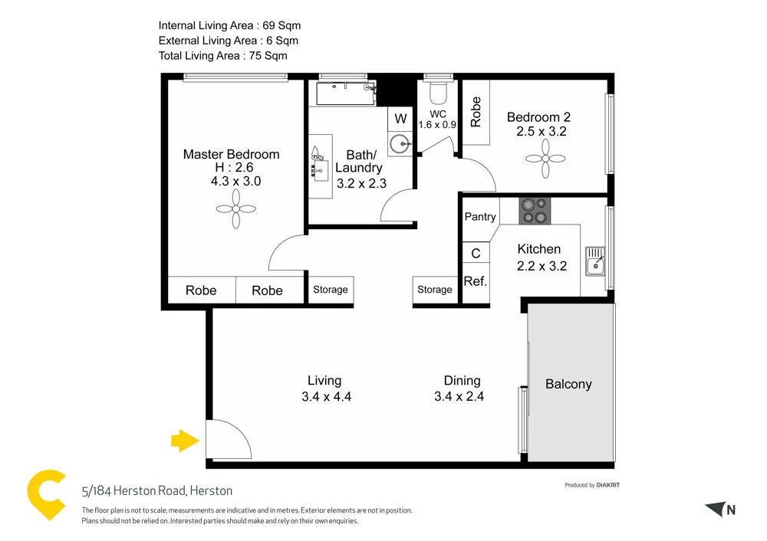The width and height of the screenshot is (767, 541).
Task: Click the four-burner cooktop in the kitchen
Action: pos(535,211)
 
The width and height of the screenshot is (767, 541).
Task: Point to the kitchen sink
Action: pos(594,261)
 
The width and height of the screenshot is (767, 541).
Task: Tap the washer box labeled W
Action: pos(400,119)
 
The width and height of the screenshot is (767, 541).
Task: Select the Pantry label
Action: pos(480,217)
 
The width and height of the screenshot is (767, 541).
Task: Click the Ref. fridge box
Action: pos(476,281)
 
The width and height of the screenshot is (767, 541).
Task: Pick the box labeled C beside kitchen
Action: pos(476,254)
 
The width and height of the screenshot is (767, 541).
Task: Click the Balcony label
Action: pos(568,384)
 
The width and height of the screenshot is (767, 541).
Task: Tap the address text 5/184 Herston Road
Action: pos(157,490)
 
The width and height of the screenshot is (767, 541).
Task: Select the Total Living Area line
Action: pos(222,55)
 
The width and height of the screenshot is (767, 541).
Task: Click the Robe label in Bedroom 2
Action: pos(476,111)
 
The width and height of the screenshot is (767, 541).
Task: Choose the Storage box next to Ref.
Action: pos(435,290)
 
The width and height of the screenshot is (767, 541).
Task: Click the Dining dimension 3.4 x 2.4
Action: pos(459,397)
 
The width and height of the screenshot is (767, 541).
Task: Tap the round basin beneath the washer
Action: pos(399,143)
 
